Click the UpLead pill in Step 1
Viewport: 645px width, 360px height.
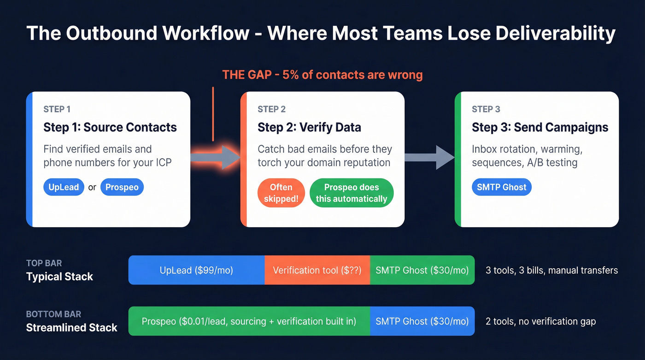(x=64, y=188)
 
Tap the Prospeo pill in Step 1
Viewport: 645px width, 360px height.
(x=122, y=188)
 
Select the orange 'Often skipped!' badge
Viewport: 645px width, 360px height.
(x=281, y=193)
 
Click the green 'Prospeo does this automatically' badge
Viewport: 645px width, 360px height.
(x=352, y=193)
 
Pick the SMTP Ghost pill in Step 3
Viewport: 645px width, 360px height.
(x=501, y=188)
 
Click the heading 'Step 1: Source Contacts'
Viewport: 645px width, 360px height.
(x=110, y=128)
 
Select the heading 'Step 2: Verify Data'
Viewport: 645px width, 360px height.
(x=309, y=128)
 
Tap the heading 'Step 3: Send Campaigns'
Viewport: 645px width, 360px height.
(x=540, y=128)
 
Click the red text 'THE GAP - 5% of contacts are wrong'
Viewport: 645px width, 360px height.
(x=322, y=75)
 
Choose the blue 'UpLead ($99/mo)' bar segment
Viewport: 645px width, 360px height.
(x=196, y=270)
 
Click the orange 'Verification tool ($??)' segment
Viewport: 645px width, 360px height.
(x=317, y=270)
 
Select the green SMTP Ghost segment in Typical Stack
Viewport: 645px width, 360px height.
(x=422, y=270)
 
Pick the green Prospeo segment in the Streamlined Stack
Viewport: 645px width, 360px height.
(x=249, y=321)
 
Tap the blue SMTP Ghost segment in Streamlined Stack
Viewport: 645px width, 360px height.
(x=422, y=321)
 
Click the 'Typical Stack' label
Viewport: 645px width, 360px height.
(x=59, y=277)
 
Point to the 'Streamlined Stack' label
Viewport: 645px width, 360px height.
(x=71, y=328)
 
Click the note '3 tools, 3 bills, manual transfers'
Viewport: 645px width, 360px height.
(x=551, y=270)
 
